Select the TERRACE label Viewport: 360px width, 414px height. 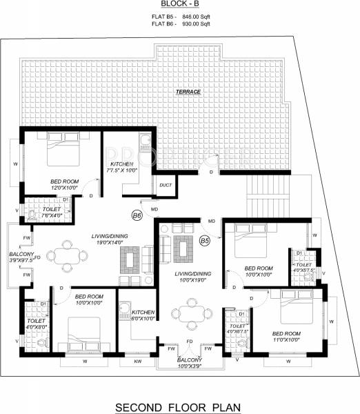pyautogui.click(x=187, y=91)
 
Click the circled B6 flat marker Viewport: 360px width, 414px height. pyautogui.click(x=137, y=215)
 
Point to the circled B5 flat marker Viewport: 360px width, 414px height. pyautogui.click(x=205, y=240)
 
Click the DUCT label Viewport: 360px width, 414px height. pyautogui.click(x=166, y=185)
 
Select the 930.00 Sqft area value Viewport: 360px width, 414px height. pyautogui.click(x=195, y=25)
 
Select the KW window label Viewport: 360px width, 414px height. pyautogui.click(x=137, y=361)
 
